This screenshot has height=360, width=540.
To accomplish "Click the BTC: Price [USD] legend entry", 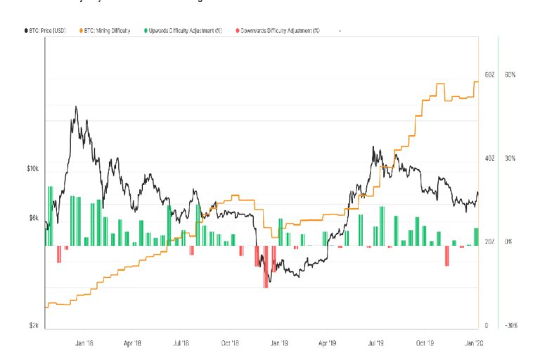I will [x=44, y=31].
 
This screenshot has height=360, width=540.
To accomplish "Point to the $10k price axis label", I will [x=33, y=169].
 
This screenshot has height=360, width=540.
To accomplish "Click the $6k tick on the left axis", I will [x=34, y=218].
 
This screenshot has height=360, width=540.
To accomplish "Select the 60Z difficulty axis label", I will [x=490, y=75].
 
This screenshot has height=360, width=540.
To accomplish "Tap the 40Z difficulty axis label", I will [x=490, y=158].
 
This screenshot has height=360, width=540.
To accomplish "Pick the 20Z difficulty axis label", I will [x=490, y=242].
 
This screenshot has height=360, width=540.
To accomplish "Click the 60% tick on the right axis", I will [x=510, y=75].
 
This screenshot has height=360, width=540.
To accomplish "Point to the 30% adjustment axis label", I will [x=510, y=158].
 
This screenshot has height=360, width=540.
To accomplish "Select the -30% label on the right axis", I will [x=510, y=326].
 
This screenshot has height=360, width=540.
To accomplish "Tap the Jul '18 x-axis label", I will [x=181, y=343].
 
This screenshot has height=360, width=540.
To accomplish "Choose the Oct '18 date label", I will [x=230, y=343].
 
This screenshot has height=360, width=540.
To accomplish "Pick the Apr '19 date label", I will [x=326, y=343].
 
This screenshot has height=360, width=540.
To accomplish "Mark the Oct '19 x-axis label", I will [x=424, y=343].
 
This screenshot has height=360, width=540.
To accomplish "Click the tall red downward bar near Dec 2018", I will [x=266, y=266].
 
